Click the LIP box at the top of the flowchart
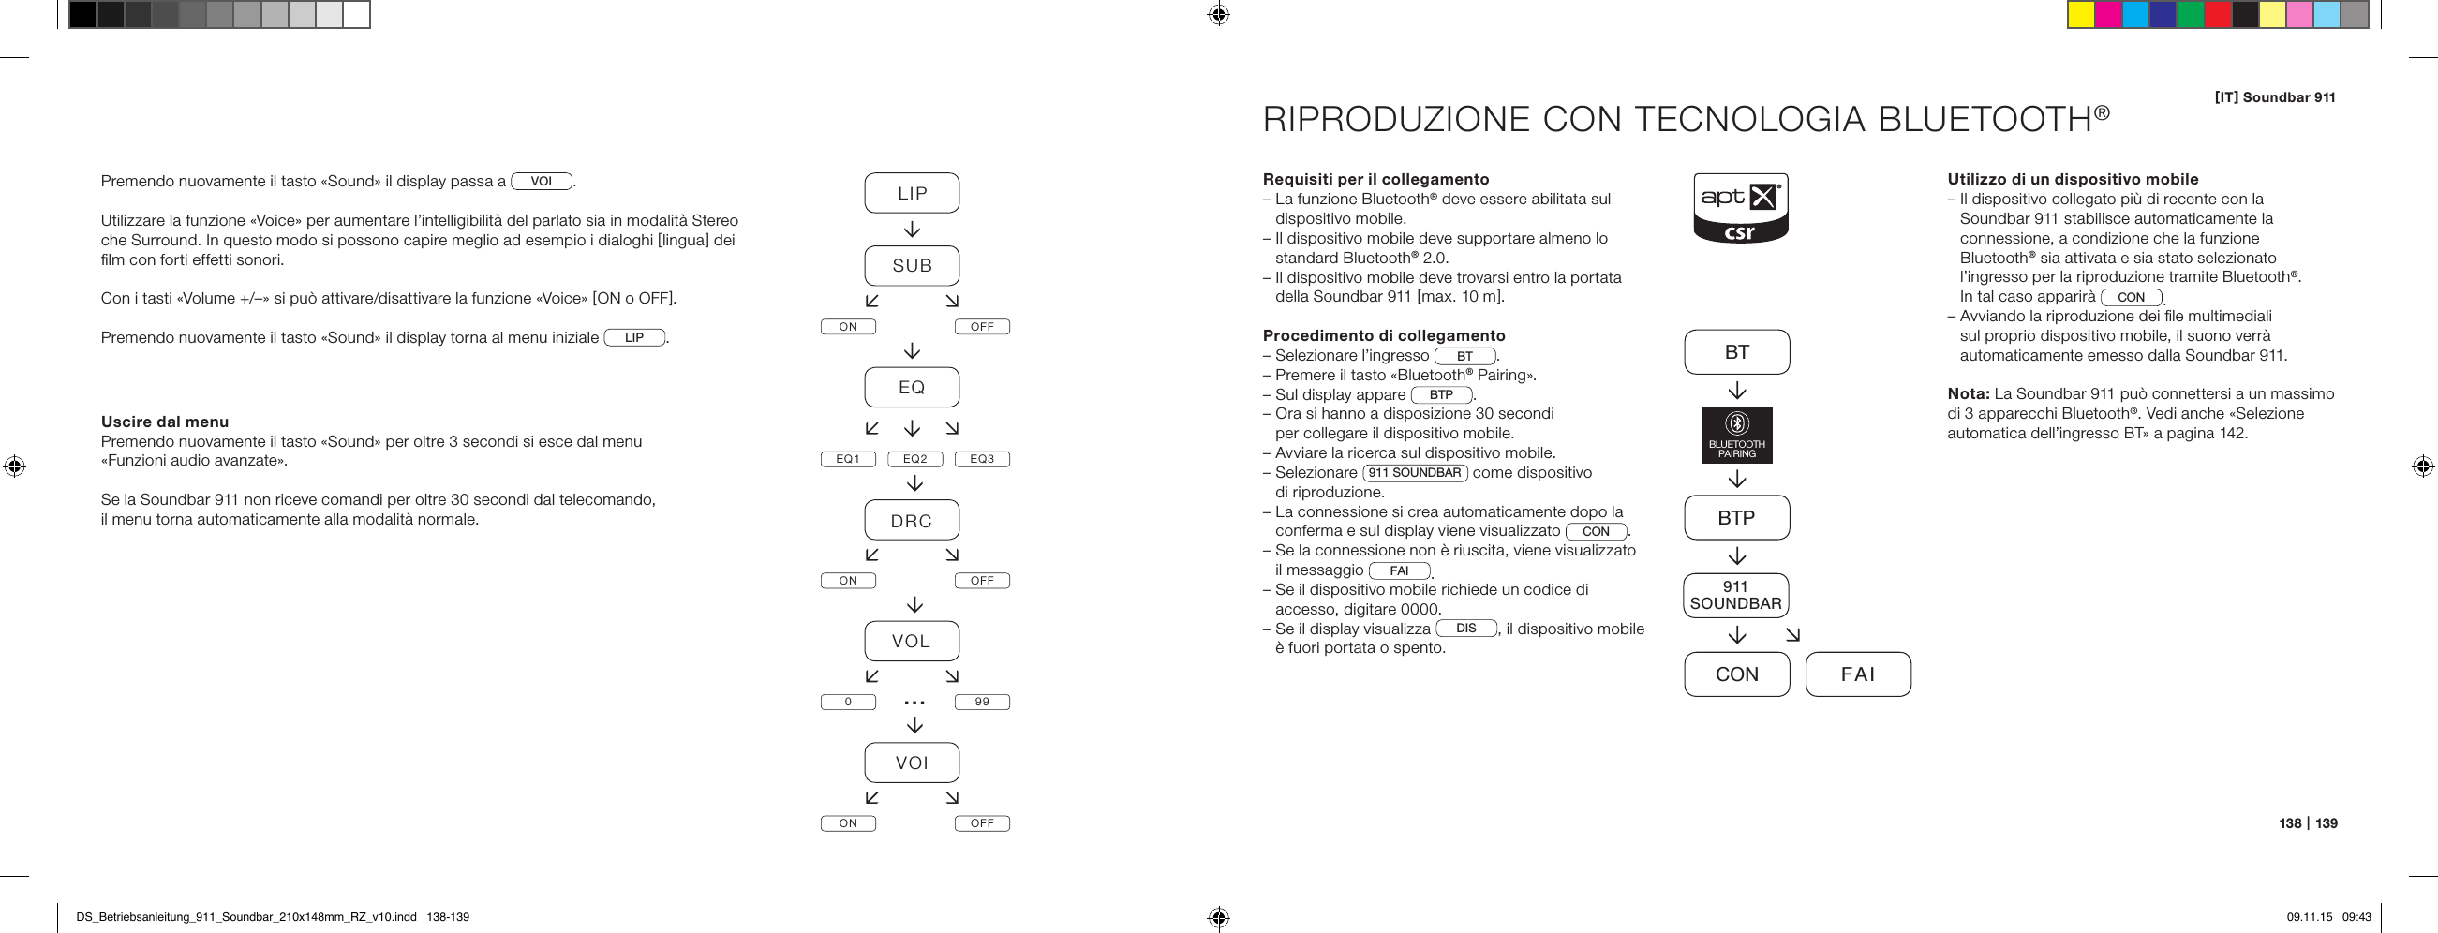point(912,193)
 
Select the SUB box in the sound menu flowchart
point(912,266)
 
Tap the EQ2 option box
point(914,459)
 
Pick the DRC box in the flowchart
point(912,521)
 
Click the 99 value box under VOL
point(981,703)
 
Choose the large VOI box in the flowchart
point(912,763)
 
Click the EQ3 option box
point(981,459)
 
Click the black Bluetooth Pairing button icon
point(1737,436)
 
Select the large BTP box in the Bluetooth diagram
point(1737,518)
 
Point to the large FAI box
point(1858,674)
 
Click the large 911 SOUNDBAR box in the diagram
point(1736,595)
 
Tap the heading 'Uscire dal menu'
point(165,422)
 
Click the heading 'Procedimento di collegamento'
point(1384,336)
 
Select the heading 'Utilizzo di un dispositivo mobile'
point(2073,180)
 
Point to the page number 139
point(2327,823)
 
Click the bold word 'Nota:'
point(1969,393)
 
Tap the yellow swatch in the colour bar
point(2080,15)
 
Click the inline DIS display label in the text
point(1466,629)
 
